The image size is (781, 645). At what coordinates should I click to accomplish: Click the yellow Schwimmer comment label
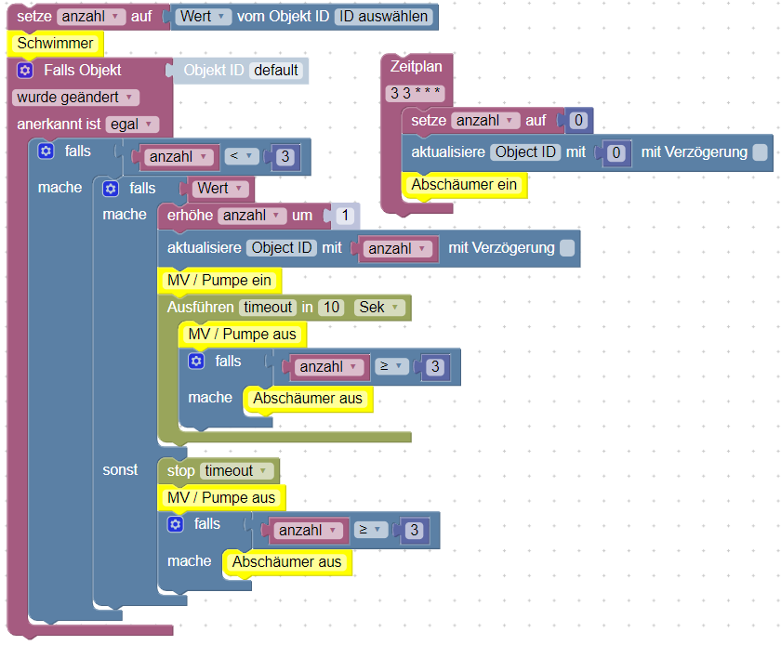coord(55,43)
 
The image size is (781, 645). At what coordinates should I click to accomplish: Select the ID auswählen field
coord(381,17)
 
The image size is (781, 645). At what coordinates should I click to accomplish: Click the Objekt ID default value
coord(276,70)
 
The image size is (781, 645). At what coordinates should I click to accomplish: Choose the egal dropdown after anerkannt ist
coord(132,124)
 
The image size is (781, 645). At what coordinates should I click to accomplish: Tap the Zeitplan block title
coord(417,66)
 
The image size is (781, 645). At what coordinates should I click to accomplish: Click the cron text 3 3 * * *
coord(417,93)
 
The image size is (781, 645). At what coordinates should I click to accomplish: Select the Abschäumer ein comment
coord(464,184)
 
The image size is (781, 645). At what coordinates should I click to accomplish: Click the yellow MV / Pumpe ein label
coord(219,280)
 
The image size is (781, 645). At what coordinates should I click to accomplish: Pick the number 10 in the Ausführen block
coord(330,307)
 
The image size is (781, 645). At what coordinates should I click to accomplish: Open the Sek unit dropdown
coord(379,307)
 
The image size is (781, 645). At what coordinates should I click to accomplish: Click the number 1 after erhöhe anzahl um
coord(344,216)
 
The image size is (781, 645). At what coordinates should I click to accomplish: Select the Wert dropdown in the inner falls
coord(220,188)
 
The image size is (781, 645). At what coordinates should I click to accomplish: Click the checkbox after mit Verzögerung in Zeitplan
coord(761,152)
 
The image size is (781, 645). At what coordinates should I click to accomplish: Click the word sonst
coord(120,469)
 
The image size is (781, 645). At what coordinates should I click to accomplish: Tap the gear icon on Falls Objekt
coord(25,70)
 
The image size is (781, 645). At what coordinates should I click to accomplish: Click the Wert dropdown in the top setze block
coord(205,17)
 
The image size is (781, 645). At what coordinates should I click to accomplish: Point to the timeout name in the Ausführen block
coord(268,307)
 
